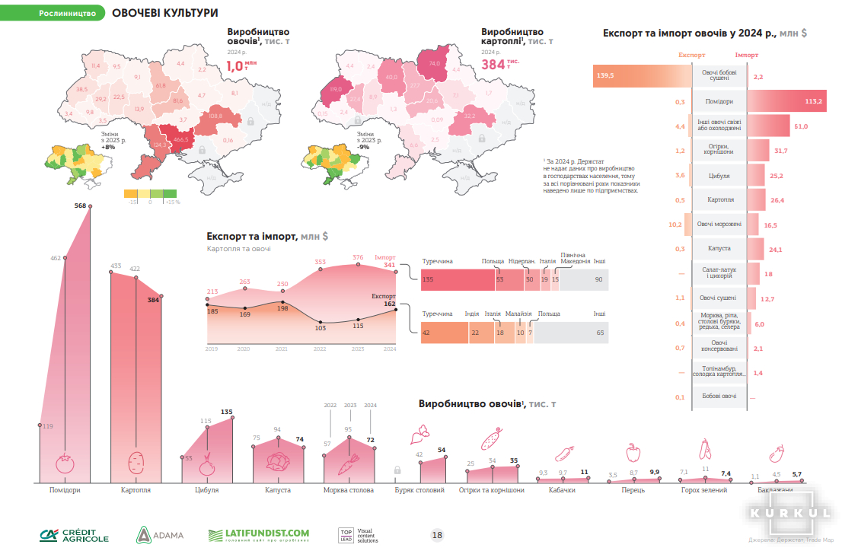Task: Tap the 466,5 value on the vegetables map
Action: tap(181, 141)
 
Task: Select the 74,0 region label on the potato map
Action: tap(435, 63)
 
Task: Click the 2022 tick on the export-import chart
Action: tap(320, 349)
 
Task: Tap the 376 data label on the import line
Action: tap(358, 257)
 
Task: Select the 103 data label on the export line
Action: tap(320, 328)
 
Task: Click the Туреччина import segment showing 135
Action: tap(457, 280)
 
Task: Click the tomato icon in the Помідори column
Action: tap(64, 463)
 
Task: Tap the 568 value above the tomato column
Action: tap(80, 206)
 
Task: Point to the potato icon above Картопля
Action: tap(136, 461)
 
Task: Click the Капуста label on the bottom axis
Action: tap(278, 490)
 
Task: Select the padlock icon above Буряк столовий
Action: tap(397, 470)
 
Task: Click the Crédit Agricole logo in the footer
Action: tap(75, 534)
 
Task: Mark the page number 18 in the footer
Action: tap(437, 535)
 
